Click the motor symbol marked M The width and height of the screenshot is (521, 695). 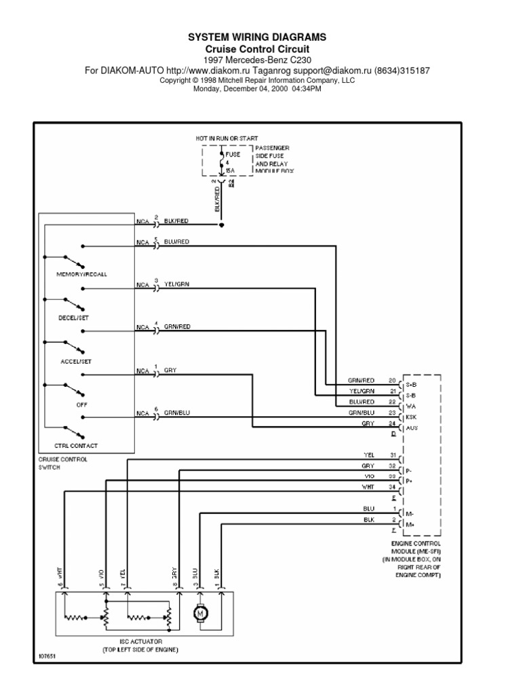pos(200,614)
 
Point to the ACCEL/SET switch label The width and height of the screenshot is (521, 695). pos(75,361)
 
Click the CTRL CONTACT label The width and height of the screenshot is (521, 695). pos(75,445)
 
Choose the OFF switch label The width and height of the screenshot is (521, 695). pos(73,405)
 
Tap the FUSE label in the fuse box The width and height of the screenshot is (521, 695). pos(233,154)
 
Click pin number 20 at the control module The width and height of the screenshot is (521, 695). pos(391,381)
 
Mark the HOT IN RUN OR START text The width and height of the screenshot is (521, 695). pos(227,138)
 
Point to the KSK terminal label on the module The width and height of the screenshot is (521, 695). pos(412,416)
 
